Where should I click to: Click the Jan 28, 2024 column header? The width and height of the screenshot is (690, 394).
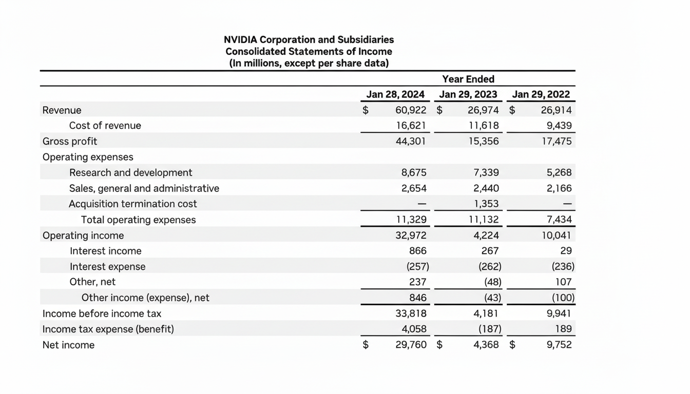[x=395, y=94]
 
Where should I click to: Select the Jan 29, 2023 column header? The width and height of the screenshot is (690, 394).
[x=468, y=94]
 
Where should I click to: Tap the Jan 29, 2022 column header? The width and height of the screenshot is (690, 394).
[x=541, y=94]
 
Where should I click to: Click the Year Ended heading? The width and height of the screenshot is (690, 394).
[x=468, y=79]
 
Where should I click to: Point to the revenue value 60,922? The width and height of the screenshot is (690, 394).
[x=411, y=110]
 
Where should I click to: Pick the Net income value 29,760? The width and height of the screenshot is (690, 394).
[x=411, y=345]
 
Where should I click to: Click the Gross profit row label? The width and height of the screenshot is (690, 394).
[x=70, y=141]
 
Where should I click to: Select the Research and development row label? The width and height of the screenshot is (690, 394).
[x=130, y=173]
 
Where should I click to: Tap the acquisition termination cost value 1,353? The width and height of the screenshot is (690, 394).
[x=486, y=204]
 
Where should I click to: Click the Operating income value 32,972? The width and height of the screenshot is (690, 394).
[x=411, y=235]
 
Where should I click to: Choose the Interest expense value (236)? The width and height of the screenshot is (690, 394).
[x=563, y=267]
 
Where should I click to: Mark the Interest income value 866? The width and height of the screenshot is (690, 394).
[x=417, y=251]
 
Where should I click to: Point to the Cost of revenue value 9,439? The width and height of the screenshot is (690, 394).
[x=559, y=126]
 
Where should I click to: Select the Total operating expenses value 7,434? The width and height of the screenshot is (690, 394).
[x=559, y=220]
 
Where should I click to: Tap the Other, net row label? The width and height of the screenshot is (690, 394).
[x=92, y=282]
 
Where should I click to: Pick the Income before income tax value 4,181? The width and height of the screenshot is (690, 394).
[x=486, y=313]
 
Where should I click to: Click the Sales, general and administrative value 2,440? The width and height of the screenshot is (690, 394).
[x=486, y=188]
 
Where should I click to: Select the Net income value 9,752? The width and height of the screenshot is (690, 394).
[x=559, y=345]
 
